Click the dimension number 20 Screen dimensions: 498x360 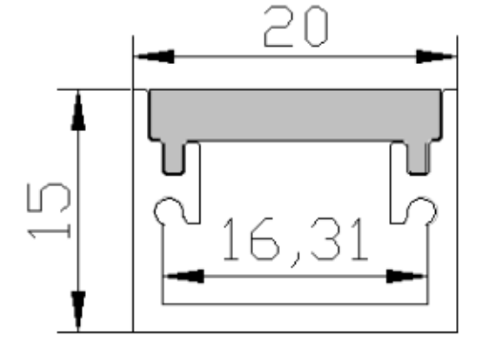(x=296, y=26)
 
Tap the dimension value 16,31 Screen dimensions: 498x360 (x=296, y=242)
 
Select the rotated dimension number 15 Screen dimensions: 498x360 (x=49, y=211)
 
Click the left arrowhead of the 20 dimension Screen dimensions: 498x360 (x=155, y=56)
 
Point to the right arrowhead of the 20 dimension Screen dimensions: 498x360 (x=436, y=56)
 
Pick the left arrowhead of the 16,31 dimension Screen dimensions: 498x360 (x=184, y=276)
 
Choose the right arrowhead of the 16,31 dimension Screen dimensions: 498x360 (x=406, y=276)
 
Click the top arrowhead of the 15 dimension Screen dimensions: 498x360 (x=78, y=110)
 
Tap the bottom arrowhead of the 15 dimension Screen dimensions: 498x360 (x=78, y=311)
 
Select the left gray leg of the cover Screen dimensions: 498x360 (x=174, y=158)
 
